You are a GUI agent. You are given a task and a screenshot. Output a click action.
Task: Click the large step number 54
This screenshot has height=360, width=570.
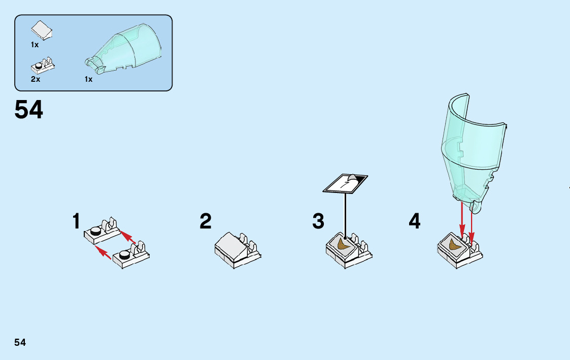tap(29, 110)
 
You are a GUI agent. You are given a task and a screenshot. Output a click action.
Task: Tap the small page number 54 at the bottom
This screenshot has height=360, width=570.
tap(20, 342)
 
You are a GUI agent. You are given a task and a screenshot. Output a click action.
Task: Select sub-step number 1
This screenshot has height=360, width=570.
tap(76, 221)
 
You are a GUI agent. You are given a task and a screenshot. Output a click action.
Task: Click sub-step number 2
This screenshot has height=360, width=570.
tap(205, 221)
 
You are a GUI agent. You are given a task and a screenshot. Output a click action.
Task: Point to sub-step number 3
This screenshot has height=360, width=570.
tap(318, 221)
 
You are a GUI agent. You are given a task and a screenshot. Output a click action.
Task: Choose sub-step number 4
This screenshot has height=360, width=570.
tap(415, 221)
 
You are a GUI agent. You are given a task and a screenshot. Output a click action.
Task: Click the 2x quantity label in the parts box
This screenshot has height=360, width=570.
tap(36, 79)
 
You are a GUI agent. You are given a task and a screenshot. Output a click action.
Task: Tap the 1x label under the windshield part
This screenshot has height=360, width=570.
tap(89, 79)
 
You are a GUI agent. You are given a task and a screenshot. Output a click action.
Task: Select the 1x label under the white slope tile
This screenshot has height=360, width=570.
tap(35, 45)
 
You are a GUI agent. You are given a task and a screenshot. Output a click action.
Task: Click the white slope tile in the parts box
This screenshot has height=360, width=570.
tap(42, 30)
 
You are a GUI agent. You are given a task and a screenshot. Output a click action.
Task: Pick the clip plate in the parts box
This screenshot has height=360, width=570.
tap(43, 66)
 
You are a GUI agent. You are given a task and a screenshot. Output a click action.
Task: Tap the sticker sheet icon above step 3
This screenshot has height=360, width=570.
tap(346, 183)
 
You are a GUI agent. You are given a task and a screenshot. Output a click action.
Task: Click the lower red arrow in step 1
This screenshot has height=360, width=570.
tap(104, 252)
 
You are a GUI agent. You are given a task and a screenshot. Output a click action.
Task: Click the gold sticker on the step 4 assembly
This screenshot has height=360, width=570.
tap(455, 245)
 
